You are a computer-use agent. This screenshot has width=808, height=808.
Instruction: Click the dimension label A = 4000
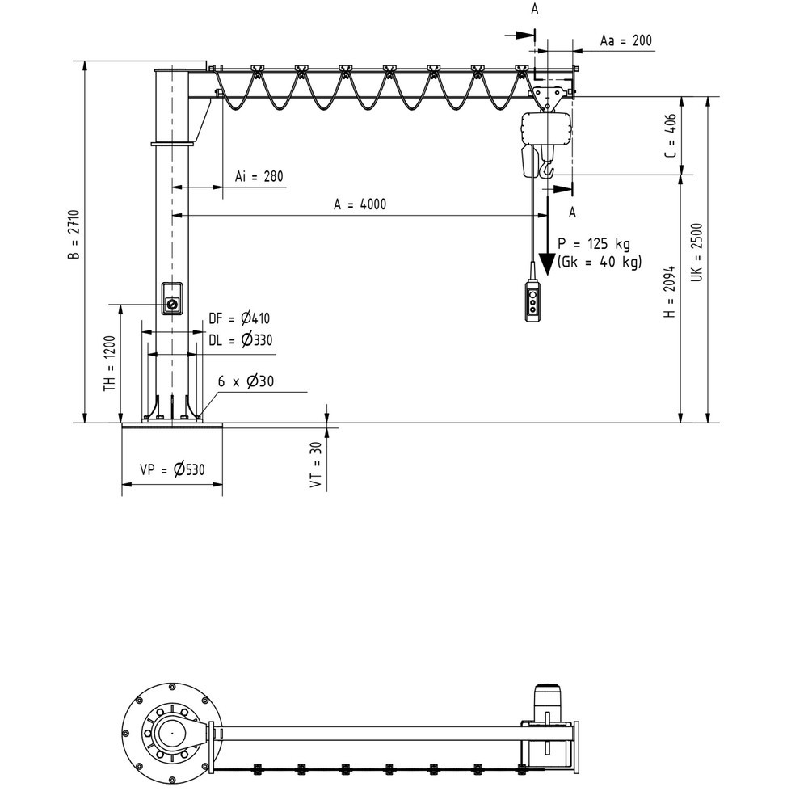point(360,204)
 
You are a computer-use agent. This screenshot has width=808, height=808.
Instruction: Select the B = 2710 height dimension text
point(74,234)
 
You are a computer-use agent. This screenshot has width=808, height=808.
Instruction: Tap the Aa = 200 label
point(626,40)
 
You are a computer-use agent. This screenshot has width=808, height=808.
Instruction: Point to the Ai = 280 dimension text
point(259,176)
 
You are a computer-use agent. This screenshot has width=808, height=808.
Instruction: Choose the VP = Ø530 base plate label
point(171,470)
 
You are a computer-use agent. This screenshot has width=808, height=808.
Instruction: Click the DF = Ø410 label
point(238,318)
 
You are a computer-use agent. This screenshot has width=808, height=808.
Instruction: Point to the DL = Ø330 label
point(239,340)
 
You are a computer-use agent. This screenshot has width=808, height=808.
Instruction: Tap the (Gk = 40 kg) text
point(599,261)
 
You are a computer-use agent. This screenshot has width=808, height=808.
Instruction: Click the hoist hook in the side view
point(549,170)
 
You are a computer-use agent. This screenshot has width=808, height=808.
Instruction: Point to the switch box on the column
point(172,299)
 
